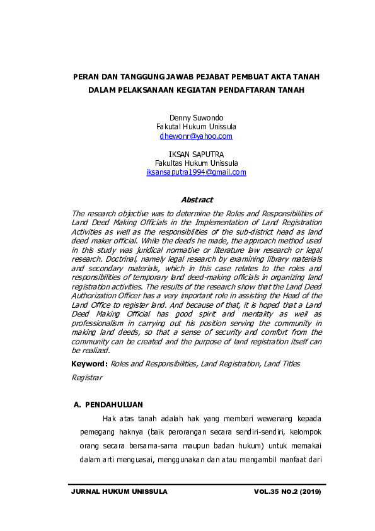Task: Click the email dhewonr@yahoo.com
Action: click(196, 136)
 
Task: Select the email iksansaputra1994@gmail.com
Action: click(196, 172)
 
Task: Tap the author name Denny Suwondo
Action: click(196, 118)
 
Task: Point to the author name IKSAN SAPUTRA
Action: click(196, 155)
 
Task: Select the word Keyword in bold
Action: click(88, 364)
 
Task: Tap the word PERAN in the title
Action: click(87, 76)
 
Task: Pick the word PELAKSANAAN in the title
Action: click(157, 90)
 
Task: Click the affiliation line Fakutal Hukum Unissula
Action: click(196, 127)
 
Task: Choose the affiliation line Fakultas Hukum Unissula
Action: click(196, 163)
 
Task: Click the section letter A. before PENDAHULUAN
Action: click(78, 404)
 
